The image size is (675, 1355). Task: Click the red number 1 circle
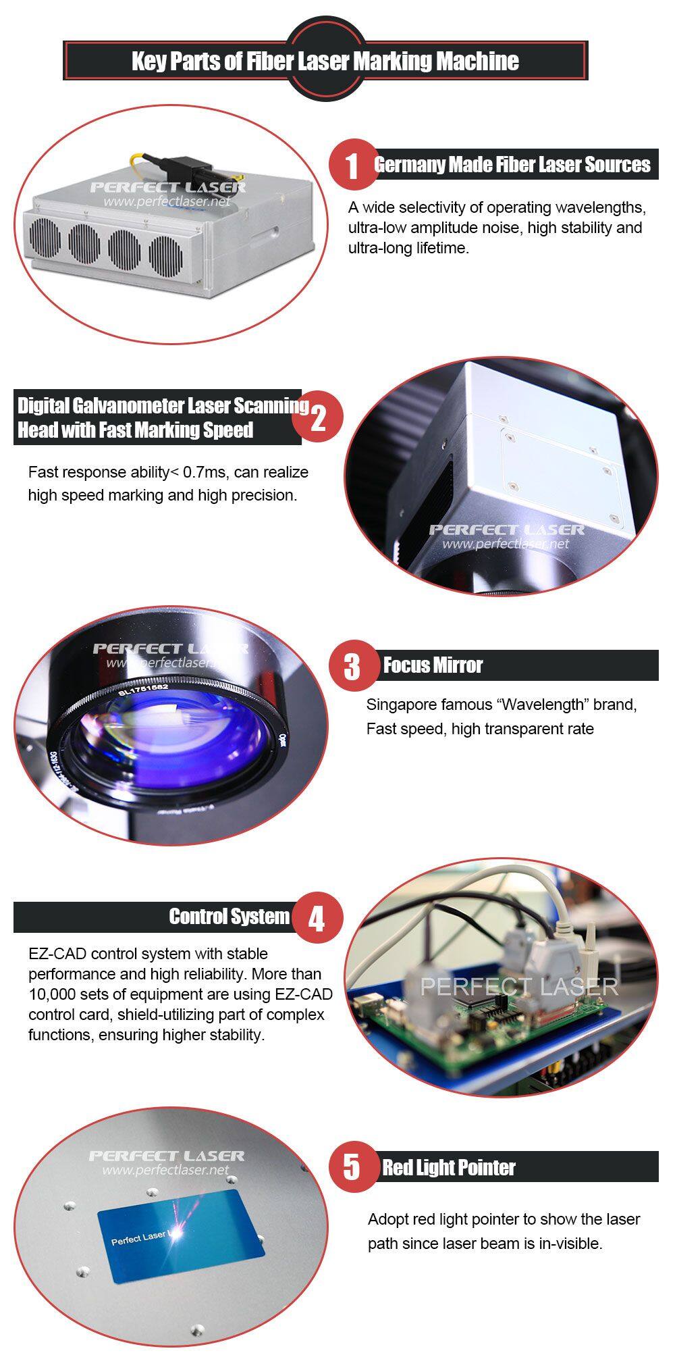click(353, 164)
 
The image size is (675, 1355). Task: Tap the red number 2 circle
click(318, 417)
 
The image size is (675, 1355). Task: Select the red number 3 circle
click(353, 666)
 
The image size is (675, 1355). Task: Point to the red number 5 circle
click(353, 1167)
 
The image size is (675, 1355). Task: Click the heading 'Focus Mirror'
click(433, 665)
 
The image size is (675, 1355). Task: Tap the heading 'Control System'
click(229, 917)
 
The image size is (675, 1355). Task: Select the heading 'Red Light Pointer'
click(449, 1167)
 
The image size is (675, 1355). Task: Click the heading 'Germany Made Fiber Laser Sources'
click(512, 164)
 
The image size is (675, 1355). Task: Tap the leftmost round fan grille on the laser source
click(45, 238)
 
